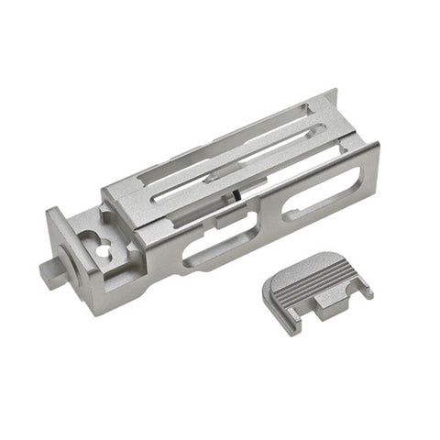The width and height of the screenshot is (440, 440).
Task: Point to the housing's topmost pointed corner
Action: tap(335, 91)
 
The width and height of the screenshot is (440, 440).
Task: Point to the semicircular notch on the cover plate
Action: tap(345, 295)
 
